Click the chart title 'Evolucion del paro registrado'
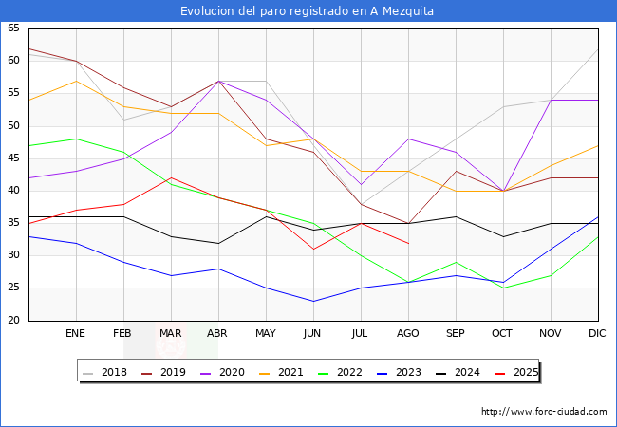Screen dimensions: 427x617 pyautogui.click(x=308, y=10)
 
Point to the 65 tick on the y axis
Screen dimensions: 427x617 pyautogui.click(x=13, y=28)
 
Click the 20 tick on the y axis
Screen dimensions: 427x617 pyautogui.click(x=13, y=321)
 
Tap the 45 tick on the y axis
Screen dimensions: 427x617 pyautogui.click(x=13, y=158)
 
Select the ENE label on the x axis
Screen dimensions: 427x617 pyautogui.click(x=76, y=334)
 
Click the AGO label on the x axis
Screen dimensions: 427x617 pyautogui.click(x=408, y=334)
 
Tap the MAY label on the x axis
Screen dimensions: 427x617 pyautogui.click(x=266, y=334)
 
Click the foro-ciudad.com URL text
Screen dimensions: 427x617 pyautogui.click(x=544, y=412)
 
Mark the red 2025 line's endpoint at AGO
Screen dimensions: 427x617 pyautogui.click(x=408, y=243)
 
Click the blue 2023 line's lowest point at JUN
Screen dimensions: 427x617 pyautogui.click(x=313, y=301)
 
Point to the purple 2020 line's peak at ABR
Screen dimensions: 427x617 pyautogui.click(x=218, y=81)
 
